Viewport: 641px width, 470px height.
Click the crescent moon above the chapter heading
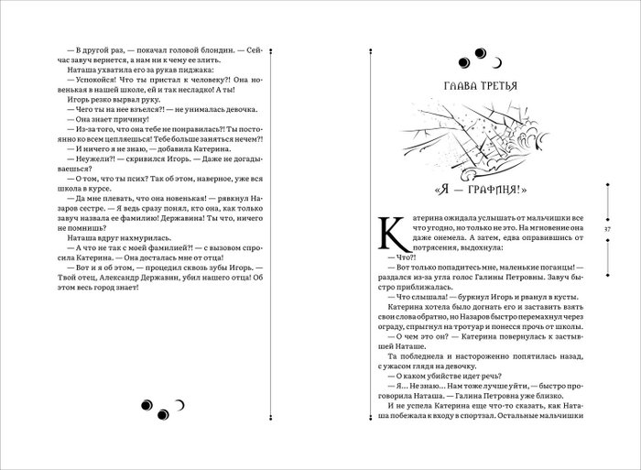pyautogui.click(x=496, y=64)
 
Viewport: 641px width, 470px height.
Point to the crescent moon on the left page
pyautogui.click(x=180, y=402)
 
